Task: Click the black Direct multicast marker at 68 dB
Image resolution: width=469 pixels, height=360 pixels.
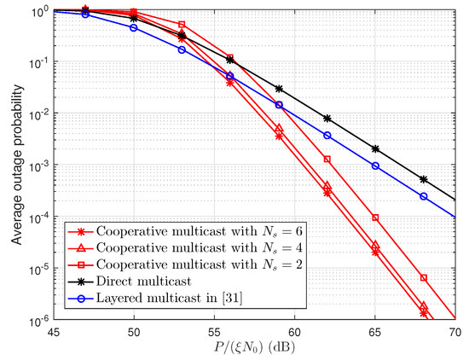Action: click(x=424, y=179)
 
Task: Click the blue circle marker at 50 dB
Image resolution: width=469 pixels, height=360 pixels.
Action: click(x=133, y=27)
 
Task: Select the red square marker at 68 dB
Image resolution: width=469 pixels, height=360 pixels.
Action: click(x=424, y=278)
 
